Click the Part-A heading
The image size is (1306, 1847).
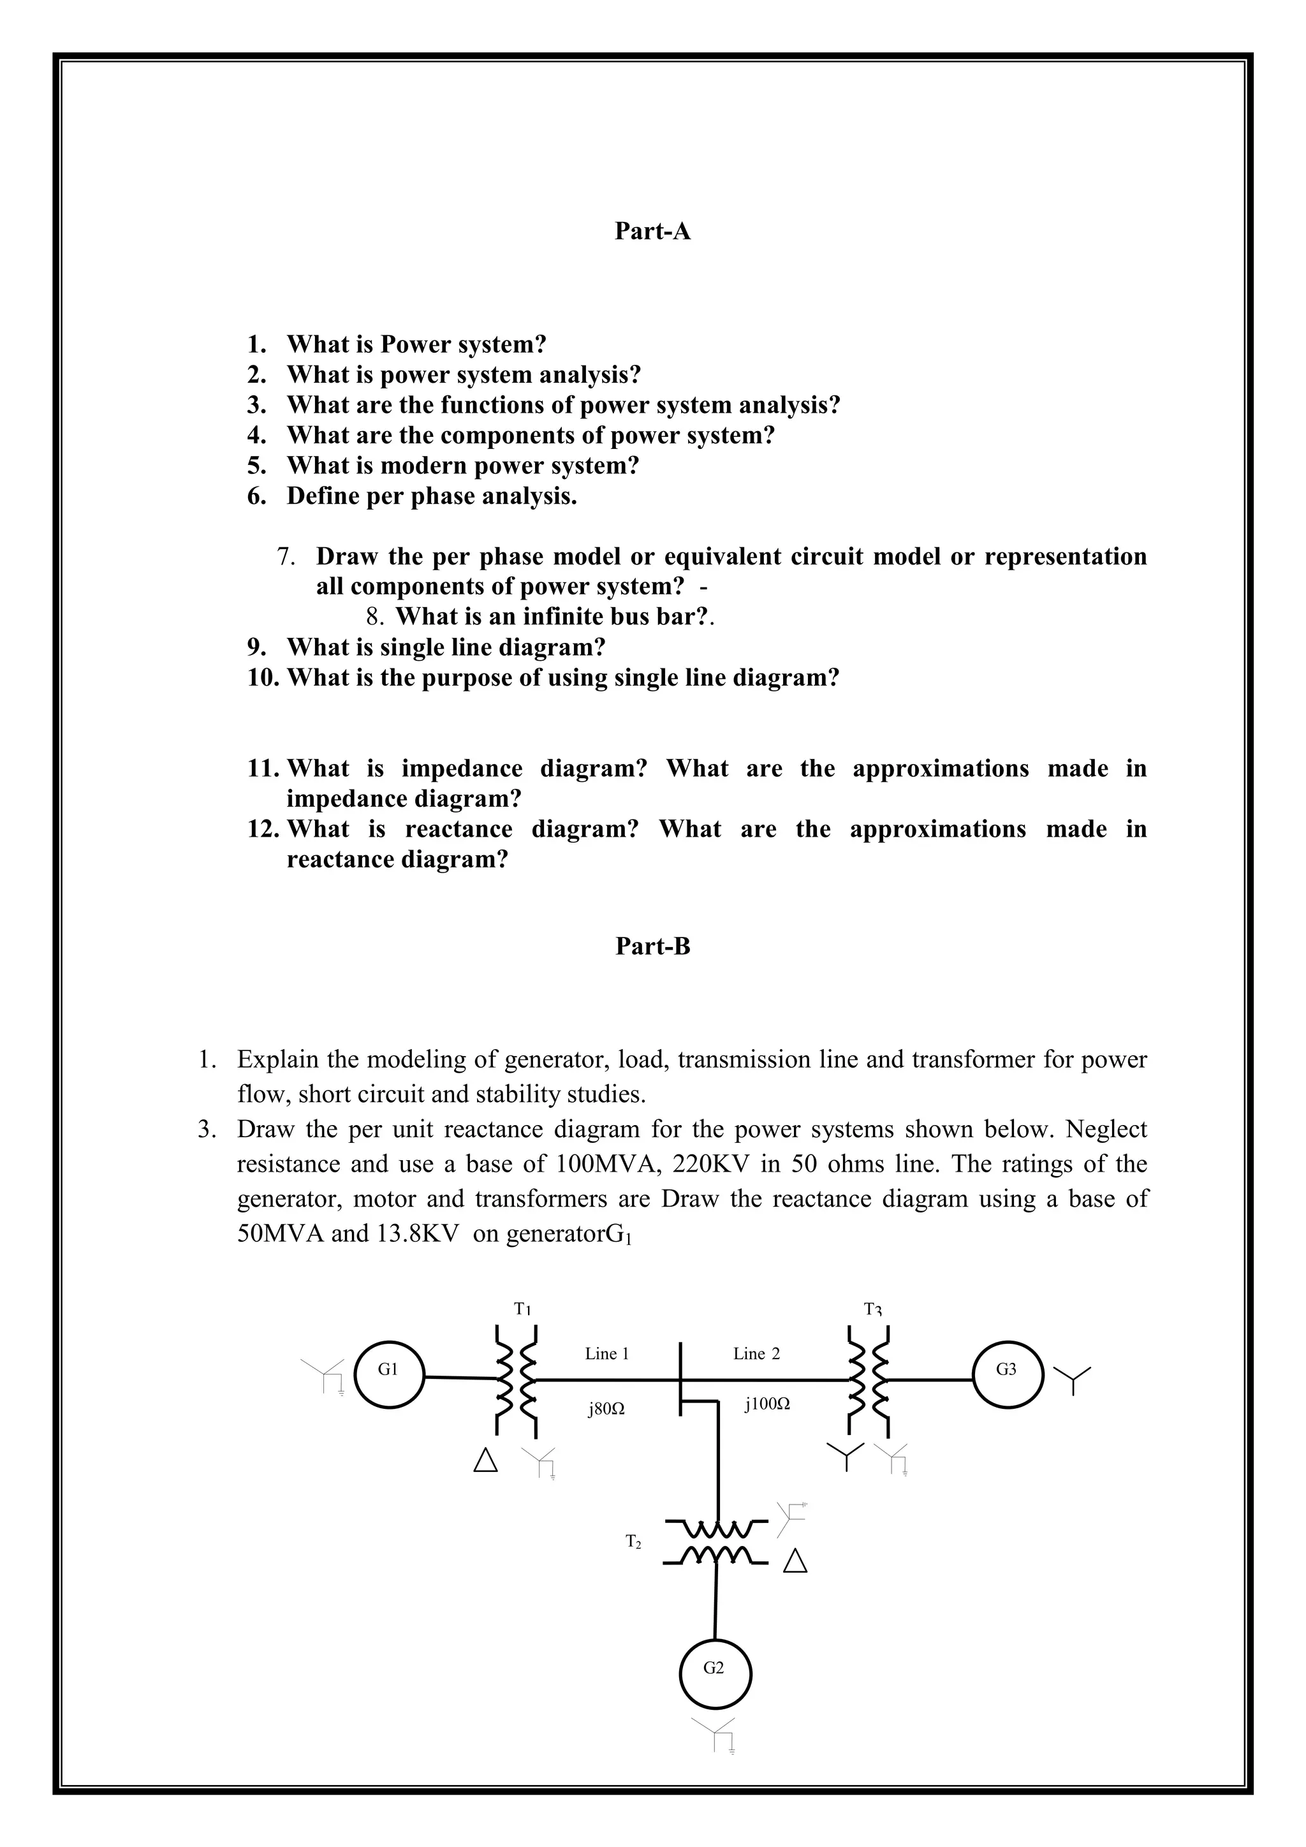point(652,231)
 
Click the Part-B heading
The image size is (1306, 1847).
point(652,946)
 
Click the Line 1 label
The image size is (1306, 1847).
point(606,1354)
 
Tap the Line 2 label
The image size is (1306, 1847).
point(756,1354)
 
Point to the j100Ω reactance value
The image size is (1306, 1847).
point(767,1404)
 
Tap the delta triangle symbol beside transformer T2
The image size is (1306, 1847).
point(795,1561)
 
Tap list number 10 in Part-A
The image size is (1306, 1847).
point(262,677)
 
